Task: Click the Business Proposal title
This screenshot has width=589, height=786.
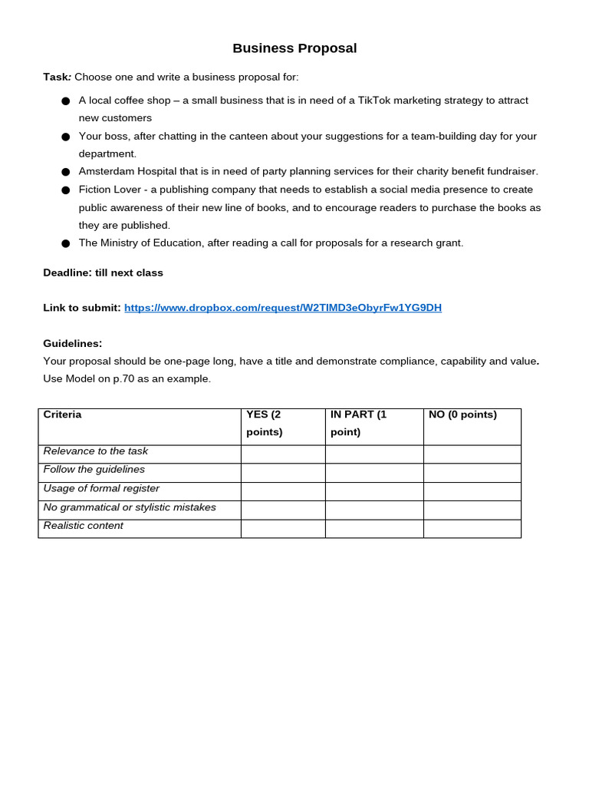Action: click(x=294, y=48)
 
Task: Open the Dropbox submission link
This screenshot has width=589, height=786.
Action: click(x=282, y=308)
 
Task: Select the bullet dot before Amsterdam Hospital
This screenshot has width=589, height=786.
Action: click(x=65, y=172)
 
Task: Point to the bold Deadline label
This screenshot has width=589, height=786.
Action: click(x=67, y=272)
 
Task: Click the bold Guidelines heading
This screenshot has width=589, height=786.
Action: click(x=72, y=343)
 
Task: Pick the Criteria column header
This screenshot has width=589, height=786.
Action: click(x=62, y=414)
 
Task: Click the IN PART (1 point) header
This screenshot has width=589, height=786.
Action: click(x=358, y=423)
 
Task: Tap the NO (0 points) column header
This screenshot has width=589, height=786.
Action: click(x=462, y=414)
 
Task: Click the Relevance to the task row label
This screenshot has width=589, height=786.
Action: click(x=96, y=451)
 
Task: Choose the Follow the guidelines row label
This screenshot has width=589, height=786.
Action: click(x=94, y=470)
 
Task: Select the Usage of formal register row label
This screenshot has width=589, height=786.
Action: click(x=101, y=488)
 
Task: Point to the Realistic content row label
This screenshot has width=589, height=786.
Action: click(x=83, y=526)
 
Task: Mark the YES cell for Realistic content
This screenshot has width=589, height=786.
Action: click(x=283, y=529)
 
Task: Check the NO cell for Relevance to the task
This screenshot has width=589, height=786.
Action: click(x=472, y=454)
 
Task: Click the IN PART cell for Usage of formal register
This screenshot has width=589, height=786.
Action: click(x=374, y=491)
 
